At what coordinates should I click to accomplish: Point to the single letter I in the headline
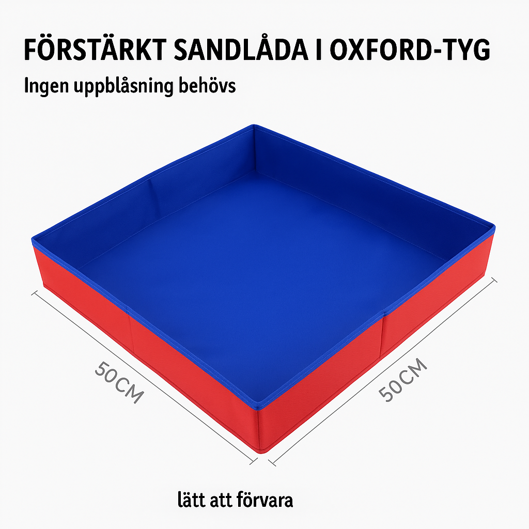click(x=319, y=51)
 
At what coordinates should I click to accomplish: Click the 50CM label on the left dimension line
click(x=118, y=382)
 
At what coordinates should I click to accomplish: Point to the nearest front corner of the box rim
click(x=259, y=408)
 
